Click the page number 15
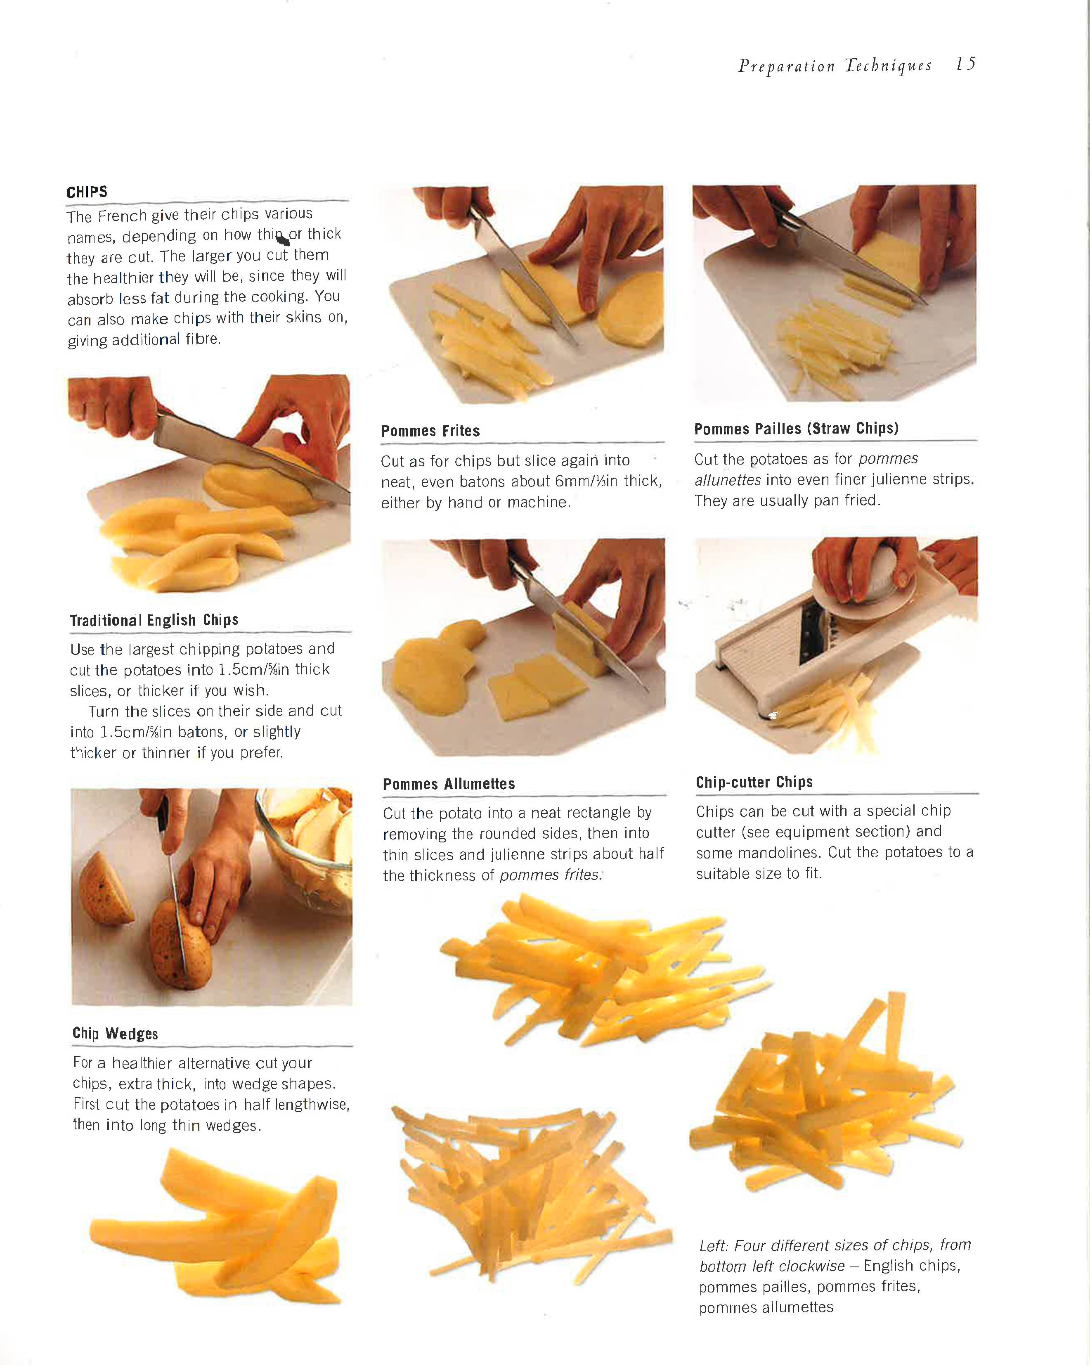tap(965, 64)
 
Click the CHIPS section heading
tap(87, 192)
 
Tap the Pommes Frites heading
tap(430, 431)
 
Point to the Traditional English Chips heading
tap(154, 620)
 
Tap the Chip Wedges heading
tap(115, 1033)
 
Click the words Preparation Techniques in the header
tap(834, 66)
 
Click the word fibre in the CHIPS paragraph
tap(203, 339)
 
